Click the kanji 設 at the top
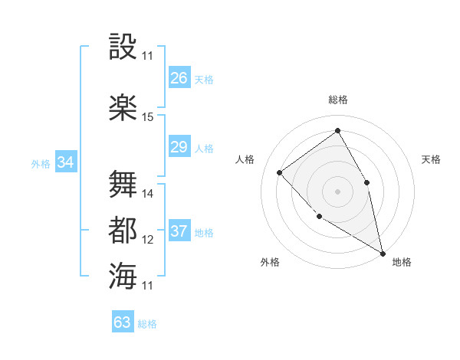pos(123,47)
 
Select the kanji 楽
pos(123,107)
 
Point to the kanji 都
pos(123,230)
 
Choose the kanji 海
pos(123,276)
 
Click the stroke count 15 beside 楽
pos(148,117)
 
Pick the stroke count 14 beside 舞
pos(148,194)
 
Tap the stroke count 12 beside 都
pos(148,240)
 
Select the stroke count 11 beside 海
pos(148,286)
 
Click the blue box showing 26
pos(179,78)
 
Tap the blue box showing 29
pos(179,147)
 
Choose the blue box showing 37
pos(179,231)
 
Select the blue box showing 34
pos(66,162)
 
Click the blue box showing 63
pos(122,322)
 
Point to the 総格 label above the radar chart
pos(337,100)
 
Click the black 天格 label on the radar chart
pos(431,159)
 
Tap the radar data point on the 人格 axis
pos(280,172)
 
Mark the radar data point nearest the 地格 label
pos(383,253)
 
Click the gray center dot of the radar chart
pos(337,191)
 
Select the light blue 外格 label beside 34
pos(41,163)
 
